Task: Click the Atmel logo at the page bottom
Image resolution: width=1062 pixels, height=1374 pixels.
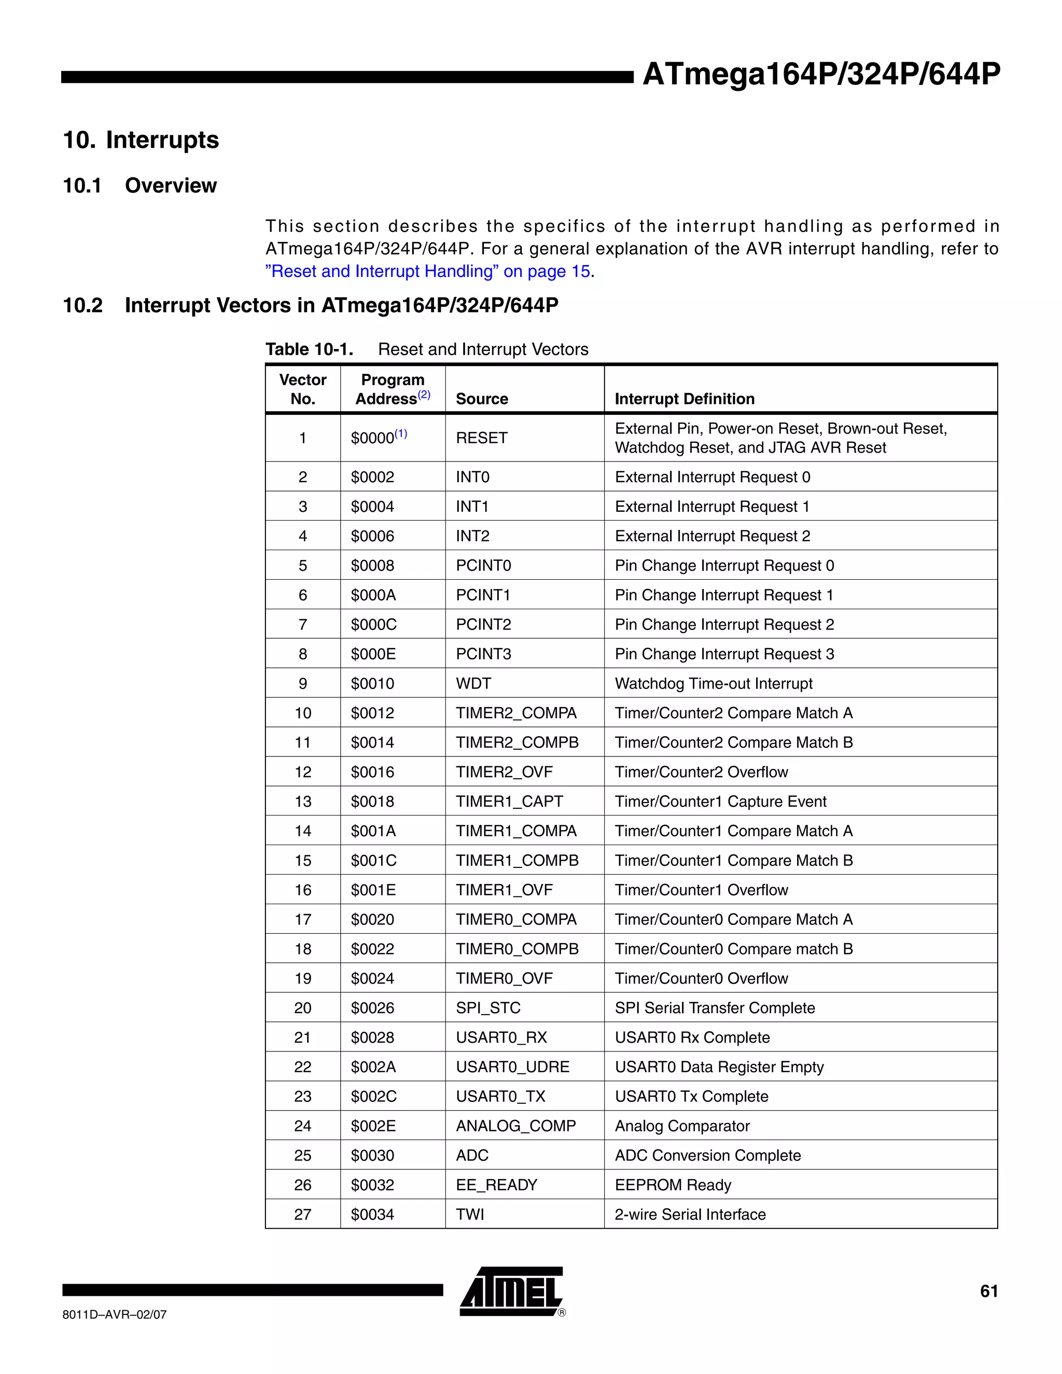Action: click(511, 1291)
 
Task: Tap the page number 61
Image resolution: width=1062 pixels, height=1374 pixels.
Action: click(988, 1292)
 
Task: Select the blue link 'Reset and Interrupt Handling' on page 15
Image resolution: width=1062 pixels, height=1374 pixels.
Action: click(428, 271)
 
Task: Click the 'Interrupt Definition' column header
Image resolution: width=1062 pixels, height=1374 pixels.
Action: click(684, 399)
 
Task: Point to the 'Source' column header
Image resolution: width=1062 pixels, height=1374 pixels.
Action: click(482, 399)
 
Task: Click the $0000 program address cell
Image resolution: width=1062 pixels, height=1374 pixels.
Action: click(379, 438)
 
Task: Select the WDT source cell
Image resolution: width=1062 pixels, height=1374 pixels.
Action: click(473, 683)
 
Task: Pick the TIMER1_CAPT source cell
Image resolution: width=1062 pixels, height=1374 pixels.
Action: click(509, 802)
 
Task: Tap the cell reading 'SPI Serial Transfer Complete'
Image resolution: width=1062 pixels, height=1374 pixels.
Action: click(715, 1008)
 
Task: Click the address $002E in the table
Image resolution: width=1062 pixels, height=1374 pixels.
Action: click(373, 1126)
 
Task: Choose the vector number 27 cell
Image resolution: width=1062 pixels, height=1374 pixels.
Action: click(303, 1214)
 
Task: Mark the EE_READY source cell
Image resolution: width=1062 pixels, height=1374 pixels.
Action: click(496, 1185)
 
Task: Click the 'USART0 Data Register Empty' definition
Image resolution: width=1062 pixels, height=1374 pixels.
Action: click(719, 1067)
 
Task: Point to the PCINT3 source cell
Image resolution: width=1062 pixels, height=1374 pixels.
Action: click(483, 654)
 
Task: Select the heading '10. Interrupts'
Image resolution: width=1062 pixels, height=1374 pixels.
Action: click(141, 139)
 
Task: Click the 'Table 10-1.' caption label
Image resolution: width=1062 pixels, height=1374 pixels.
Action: click(309, 349)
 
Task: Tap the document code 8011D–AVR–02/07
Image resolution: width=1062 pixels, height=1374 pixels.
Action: click(115, 1314)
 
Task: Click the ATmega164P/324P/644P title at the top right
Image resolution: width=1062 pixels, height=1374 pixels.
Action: click(820, 74)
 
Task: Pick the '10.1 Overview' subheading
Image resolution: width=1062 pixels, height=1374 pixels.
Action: click(139, 186)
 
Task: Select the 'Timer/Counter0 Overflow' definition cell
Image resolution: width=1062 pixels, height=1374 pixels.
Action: click(701, 978)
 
